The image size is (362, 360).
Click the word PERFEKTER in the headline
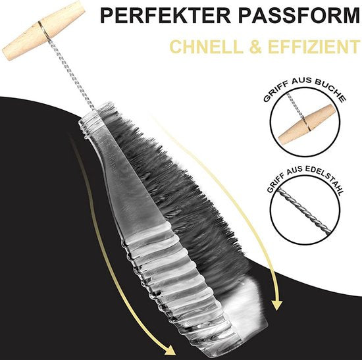[x=165, y=16]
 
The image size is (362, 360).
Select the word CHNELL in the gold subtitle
[x=206, y=47]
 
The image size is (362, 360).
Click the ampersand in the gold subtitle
[x=255, y=47]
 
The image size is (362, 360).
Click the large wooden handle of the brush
[x=43, y=30]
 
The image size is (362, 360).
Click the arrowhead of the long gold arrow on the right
[x=277, y=304]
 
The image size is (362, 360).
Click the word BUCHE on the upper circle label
[x=330, y=90]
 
